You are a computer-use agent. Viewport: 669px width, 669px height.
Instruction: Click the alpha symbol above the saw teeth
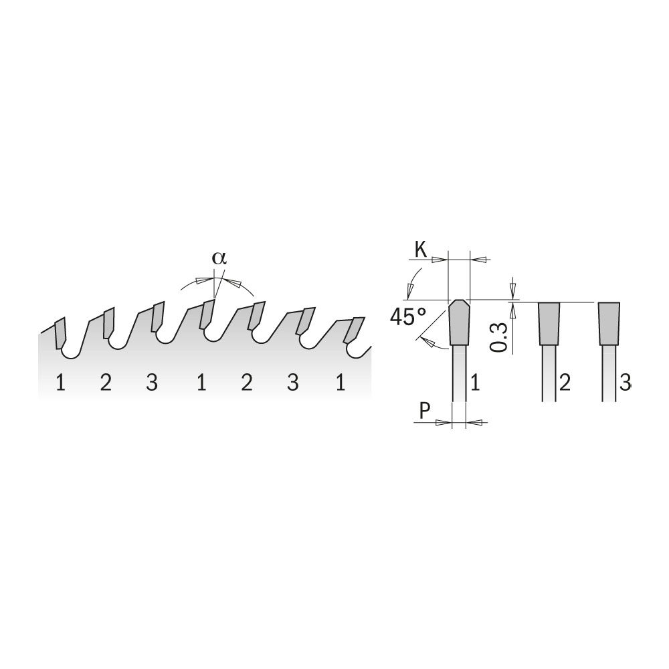(219, 259)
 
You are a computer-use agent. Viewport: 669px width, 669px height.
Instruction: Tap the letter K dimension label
(421, 250)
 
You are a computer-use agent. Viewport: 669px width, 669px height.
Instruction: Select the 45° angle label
(408, 317)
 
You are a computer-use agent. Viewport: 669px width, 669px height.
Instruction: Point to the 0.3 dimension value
(498, 337)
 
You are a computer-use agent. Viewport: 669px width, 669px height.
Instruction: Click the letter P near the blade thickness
(425, 411)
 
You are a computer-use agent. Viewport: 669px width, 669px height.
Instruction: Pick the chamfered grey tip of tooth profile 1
(459, 322)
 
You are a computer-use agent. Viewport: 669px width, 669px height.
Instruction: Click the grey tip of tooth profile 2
(549, 323)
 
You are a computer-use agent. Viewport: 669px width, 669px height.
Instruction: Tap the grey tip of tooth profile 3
(609, 323)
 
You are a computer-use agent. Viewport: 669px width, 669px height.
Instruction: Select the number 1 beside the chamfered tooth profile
(475, 382)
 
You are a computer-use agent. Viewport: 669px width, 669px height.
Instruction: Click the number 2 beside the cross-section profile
(565, 382)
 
